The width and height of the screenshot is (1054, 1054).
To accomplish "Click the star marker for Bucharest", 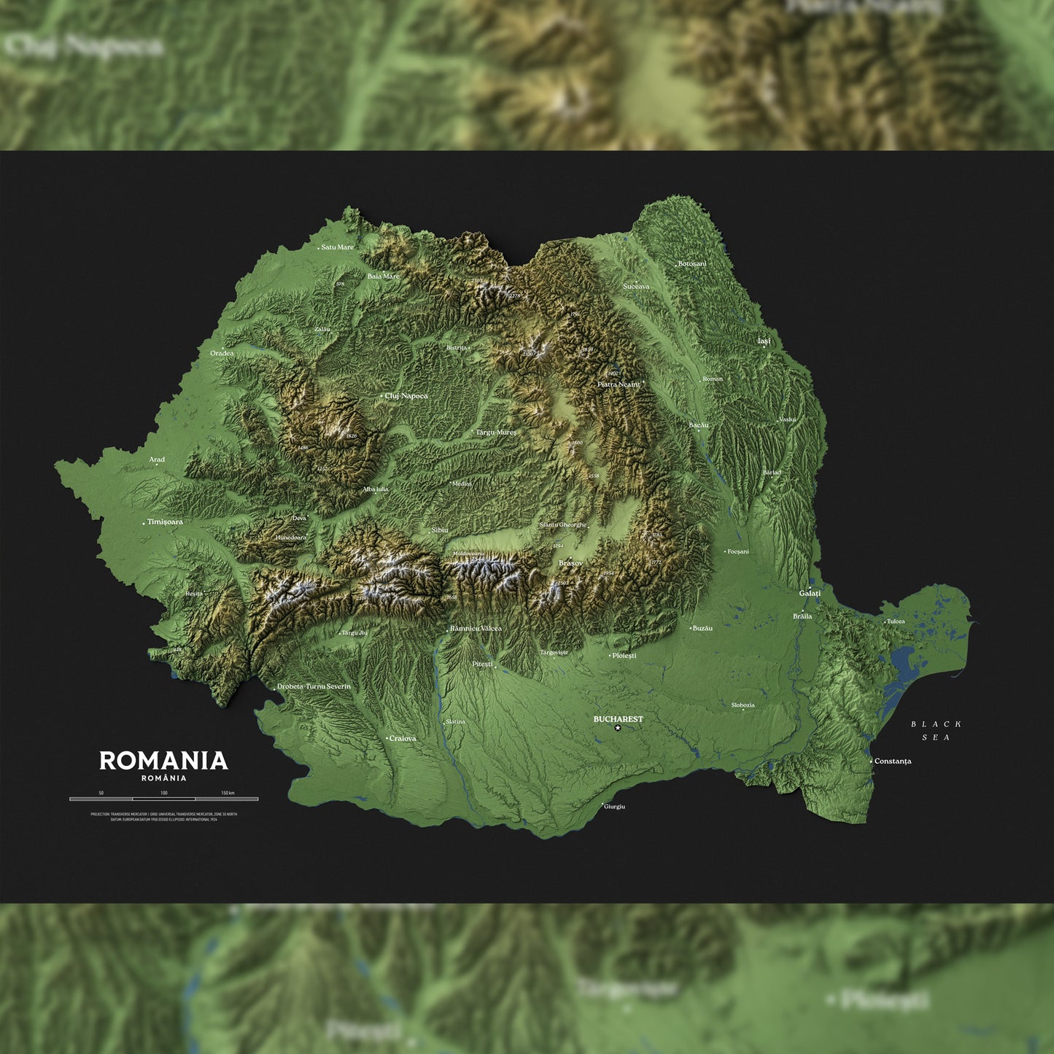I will [x=618, y=728].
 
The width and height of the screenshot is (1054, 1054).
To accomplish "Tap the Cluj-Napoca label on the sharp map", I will [x=406, y=396].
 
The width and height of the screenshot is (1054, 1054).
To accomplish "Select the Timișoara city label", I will [x=165, y=522].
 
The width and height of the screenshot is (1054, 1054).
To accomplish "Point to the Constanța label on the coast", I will [x=893, y=762].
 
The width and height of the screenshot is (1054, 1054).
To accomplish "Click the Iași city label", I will [x=764, y=341].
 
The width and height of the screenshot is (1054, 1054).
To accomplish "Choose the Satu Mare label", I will [x=337, y=247].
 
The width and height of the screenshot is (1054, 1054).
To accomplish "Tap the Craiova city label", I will [x=403, y=739].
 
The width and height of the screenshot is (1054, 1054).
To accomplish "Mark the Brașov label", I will [x=570, y=563].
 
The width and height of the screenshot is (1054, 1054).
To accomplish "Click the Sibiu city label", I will [x=440, y=530].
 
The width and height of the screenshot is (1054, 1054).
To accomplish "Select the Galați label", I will [x=810, y=594].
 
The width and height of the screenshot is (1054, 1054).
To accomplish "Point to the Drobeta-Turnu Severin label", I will [x=314, y=686].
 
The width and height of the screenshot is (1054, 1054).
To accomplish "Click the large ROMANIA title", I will [x=163, y=761].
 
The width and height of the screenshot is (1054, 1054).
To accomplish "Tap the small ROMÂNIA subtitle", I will [x=163, y=778].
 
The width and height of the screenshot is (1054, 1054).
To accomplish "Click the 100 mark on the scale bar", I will [x=164, y=793].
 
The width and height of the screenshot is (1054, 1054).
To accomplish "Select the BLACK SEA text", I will [x=937, y=731].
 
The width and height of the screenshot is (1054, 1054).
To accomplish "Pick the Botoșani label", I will [x=692, y=264].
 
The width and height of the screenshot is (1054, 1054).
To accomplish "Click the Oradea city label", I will [x=222, y=354].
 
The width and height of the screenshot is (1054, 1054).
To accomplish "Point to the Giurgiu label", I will [x=615, y=807].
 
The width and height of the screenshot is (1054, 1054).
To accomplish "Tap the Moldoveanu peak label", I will [x=468, y=554].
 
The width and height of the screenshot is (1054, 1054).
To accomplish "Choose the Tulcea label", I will [x=896, y=621].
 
